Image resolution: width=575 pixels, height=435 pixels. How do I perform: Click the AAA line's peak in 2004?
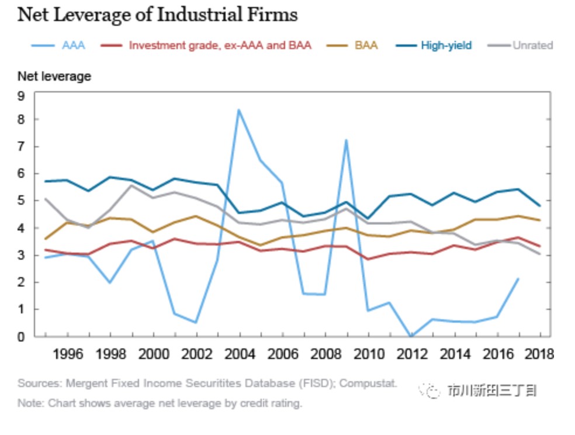[x=238, y=109]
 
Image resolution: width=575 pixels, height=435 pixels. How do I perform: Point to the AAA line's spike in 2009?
[x=347, y=140]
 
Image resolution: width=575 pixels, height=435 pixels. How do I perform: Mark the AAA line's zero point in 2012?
[x=411, y=336]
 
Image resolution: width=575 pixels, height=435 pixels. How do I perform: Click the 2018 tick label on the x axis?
[x=539, y=354]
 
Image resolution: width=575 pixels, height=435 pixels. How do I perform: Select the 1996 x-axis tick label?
[x=67, y=354]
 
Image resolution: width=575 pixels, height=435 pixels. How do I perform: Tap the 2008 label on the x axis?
[x=325, y=354]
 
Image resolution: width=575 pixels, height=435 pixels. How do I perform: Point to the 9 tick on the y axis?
[x=21, y=96]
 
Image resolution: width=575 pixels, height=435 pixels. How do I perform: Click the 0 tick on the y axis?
[x=21, y=337]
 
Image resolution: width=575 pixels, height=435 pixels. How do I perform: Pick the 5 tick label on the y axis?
[x=21, y=201]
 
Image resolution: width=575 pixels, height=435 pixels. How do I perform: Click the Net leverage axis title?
[x=54, y=76]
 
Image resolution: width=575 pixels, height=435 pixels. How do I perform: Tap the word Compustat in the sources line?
[x=368, y=384]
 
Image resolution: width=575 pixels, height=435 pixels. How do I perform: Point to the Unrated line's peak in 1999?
[x=131, y=185]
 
